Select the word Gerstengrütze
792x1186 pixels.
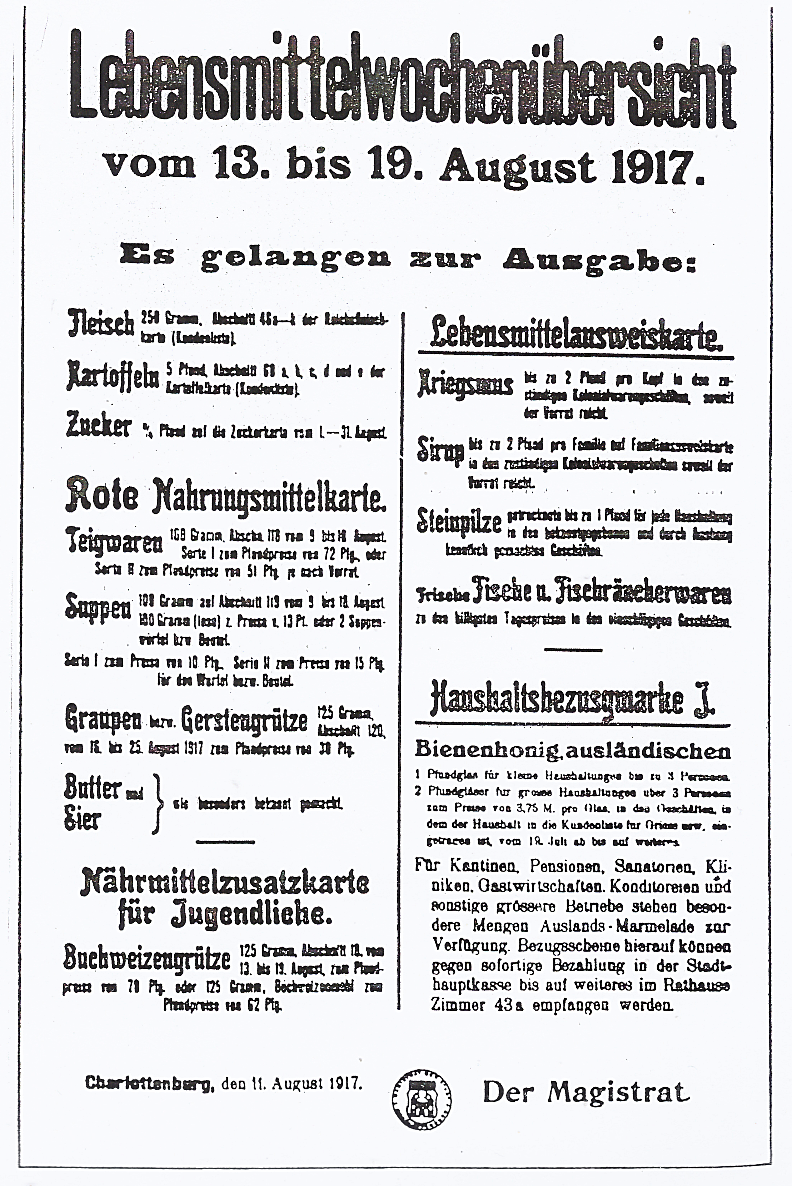(x=244, y=720)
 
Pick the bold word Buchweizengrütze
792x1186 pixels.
(x=146, y=957)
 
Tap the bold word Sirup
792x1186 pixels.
(x=439, y=450)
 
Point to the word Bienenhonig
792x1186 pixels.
(x=486, y=750)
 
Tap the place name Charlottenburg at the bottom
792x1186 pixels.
(x=150, y=1083)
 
